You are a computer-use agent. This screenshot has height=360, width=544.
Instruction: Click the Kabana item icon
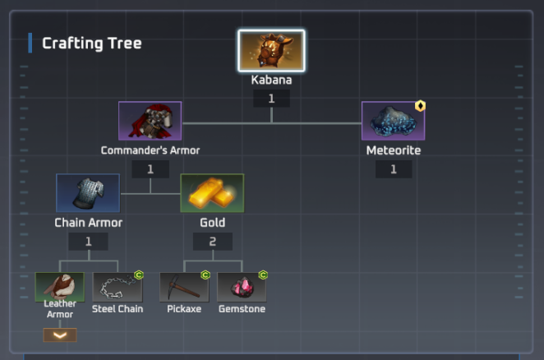[271, 51]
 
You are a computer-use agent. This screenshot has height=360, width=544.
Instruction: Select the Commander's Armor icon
[150, 121]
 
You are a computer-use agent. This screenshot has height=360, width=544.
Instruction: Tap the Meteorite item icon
[393, 121]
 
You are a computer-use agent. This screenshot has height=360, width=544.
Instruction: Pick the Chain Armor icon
[88, 193]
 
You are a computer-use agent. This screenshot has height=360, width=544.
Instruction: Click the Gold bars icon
[212, 193]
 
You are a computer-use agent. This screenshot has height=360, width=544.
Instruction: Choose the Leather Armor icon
[59, 287]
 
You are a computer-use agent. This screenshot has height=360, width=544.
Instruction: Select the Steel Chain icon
[118, 287]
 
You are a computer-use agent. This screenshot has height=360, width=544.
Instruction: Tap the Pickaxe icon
[184, 287]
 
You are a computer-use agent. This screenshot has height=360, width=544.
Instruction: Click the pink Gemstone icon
[242, 287]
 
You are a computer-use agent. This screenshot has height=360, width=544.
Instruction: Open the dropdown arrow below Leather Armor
[59, 335]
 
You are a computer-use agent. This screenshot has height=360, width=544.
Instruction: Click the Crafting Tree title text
[91, 44]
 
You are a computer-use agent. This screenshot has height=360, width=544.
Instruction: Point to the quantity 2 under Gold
[212, 242]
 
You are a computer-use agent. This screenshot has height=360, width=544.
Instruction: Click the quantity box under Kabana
[271, 99]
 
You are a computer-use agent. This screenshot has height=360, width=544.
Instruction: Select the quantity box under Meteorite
[393, 169]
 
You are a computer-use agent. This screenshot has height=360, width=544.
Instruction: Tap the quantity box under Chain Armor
[88, 242]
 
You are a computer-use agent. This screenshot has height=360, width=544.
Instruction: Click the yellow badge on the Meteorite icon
[420, 106]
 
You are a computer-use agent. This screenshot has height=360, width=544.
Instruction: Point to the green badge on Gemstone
[263, 275]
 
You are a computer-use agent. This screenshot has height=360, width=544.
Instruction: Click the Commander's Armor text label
[150, 150]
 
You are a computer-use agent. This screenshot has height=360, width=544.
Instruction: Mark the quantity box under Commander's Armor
[150, 169]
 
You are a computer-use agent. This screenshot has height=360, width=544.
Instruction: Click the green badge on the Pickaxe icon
[205, 275]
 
